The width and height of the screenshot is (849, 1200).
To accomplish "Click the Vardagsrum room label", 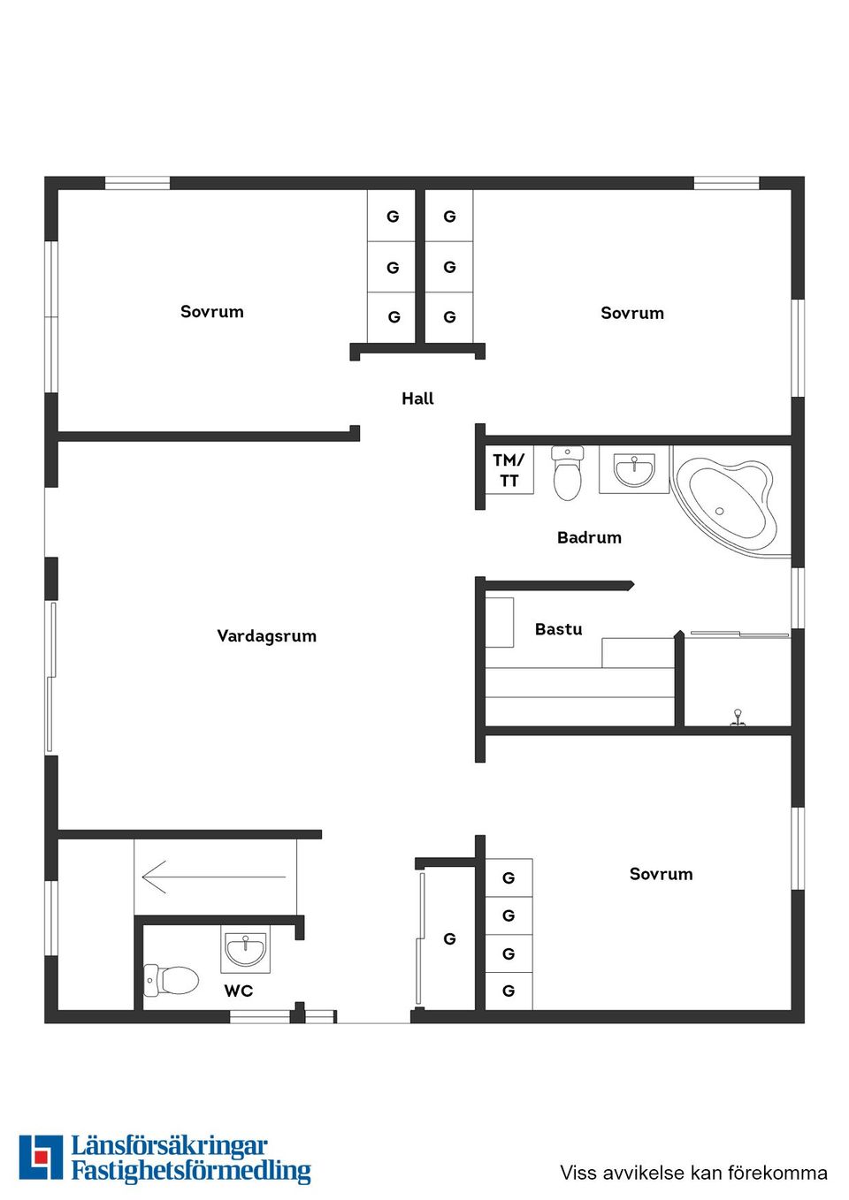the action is point(266,636).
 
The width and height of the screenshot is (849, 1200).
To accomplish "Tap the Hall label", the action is point(417,399).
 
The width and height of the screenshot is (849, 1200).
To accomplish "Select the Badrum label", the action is point(589,537).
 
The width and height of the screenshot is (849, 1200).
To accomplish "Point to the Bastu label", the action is point(559,629).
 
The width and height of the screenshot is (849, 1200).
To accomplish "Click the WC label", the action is point(239,991).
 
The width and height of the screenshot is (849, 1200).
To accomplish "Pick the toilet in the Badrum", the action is point(567,473).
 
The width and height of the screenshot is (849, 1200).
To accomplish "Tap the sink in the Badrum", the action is point(634,470).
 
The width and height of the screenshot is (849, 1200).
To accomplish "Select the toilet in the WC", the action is point(171,981).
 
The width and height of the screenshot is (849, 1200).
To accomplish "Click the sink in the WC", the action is point(246,949).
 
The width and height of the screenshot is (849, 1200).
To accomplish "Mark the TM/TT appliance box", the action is point(509,470).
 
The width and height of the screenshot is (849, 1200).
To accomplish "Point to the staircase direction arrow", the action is point(214,877).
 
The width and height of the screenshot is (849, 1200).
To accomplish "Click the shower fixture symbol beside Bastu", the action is point(738,718).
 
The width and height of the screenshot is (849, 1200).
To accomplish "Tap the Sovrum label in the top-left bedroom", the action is point(211,312).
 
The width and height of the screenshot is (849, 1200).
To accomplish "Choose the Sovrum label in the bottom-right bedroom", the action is point(661,874).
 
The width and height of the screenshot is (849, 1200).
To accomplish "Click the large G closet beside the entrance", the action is point(449,938).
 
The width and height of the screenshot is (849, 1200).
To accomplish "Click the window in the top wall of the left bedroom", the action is point(137,183).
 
